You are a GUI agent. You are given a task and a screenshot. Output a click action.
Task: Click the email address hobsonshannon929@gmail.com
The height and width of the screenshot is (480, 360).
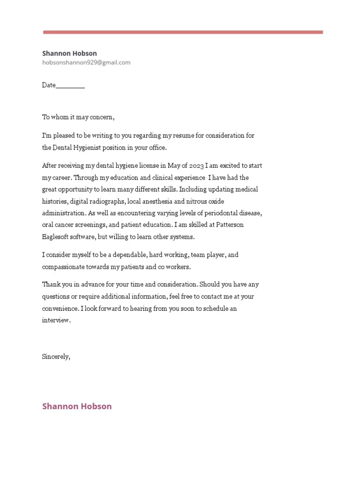(x=86, y=62)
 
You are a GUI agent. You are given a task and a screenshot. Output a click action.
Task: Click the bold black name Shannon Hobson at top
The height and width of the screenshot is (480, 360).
(x=69, y=53)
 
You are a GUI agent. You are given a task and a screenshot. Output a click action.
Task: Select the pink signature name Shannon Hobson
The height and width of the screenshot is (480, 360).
(x=77, y=406)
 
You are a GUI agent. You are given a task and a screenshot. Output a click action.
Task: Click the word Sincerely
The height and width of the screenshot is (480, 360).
(x=56, y=356)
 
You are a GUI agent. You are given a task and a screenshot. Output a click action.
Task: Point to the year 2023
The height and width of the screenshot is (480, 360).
(x=196, y=166)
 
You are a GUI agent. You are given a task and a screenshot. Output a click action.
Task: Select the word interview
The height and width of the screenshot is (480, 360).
(x=56, y=321)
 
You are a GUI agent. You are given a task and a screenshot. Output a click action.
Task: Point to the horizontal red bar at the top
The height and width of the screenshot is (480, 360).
(x=183, y=32)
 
